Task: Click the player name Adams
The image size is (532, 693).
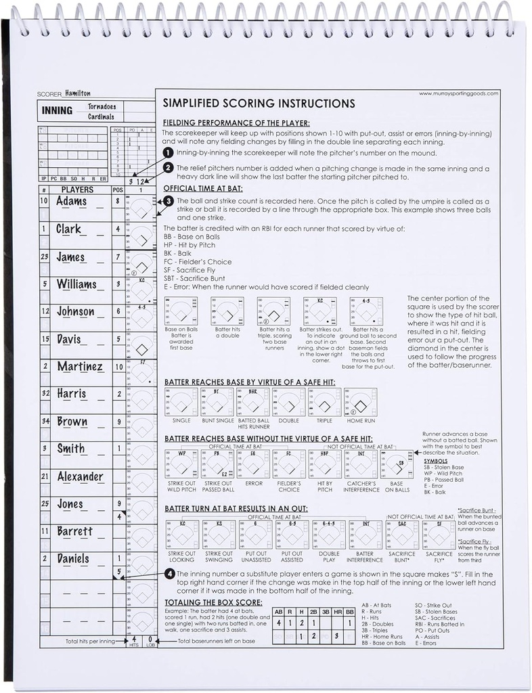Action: click(71, 202)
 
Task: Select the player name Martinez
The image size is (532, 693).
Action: click(79, 367)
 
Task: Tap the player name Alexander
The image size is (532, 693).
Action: click(80, 476)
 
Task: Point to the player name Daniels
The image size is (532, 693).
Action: click(72, 559)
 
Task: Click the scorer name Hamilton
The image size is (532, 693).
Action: click(79, 93)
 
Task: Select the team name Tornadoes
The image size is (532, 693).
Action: click(102, 107)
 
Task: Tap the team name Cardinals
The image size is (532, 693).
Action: click(102, 117)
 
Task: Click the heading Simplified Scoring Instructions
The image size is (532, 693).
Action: click(259, 104)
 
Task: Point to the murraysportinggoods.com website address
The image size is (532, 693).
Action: click(459, 94)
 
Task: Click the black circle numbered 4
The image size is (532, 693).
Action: click(169, 575)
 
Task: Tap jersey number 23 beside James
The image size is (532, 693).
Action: click(44, 257)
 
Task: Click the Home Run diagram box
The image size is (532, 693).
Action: click(360, 403)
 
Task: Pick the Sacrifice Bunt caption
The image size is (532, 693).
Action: click(402, 556)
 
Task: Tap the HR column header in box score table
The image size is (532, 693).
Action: click(336, 612)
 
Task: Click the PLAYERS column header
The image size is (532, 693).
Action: click(78, 189)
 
